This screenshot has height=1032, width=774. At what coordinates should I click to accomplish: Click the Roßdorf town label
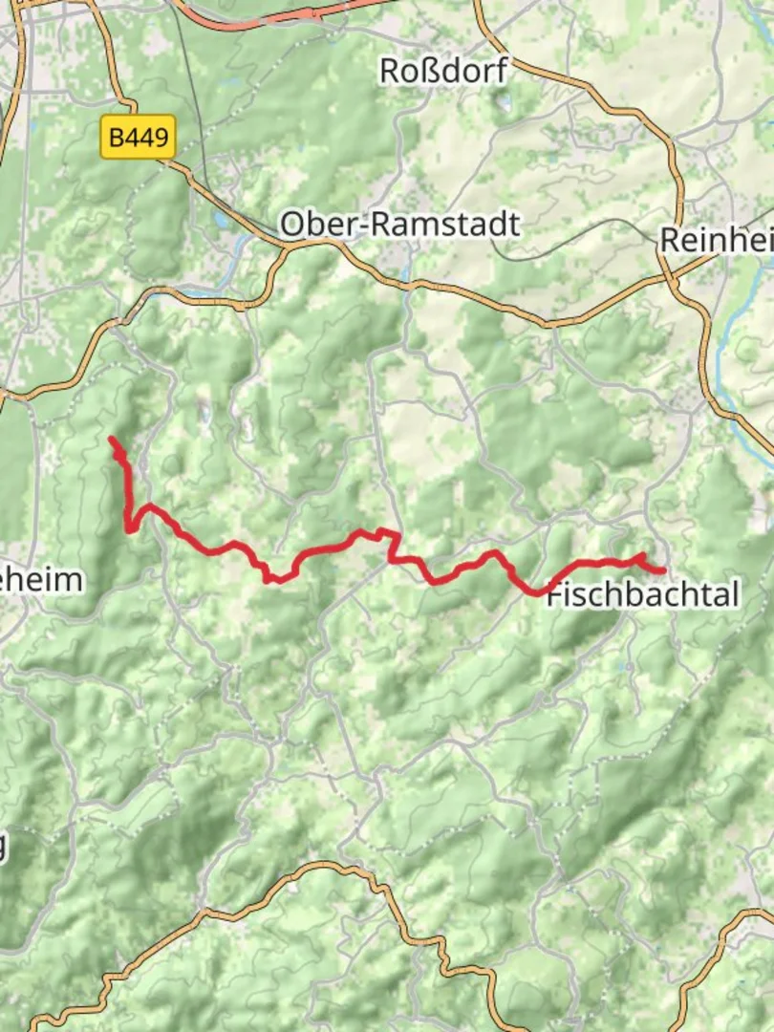click(443, 71)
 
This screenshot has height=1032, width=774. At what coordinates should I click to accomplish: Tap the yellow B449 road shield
click(139, 139)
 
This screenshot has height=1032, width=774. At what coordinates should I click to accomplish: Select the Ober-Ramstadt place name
click(400, 225)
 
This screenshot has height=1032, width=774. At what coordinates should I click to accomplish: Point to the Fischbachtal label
click(643, 594)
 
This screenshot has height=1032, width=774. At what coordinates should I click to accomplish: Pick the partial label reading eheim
click(41, 579)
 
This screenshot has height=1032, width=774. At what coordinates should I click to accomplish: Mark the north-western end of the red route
click(112, 440)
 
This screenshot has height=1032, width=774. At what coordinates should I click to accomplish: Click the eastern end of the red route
click(662, 571)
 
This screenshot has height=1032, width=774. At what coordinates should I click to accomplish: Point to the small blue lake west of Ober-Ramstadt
click(223, 221)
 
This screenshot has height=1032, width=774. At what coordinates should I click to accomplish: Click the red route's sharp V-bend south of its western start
click(128, 528)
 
